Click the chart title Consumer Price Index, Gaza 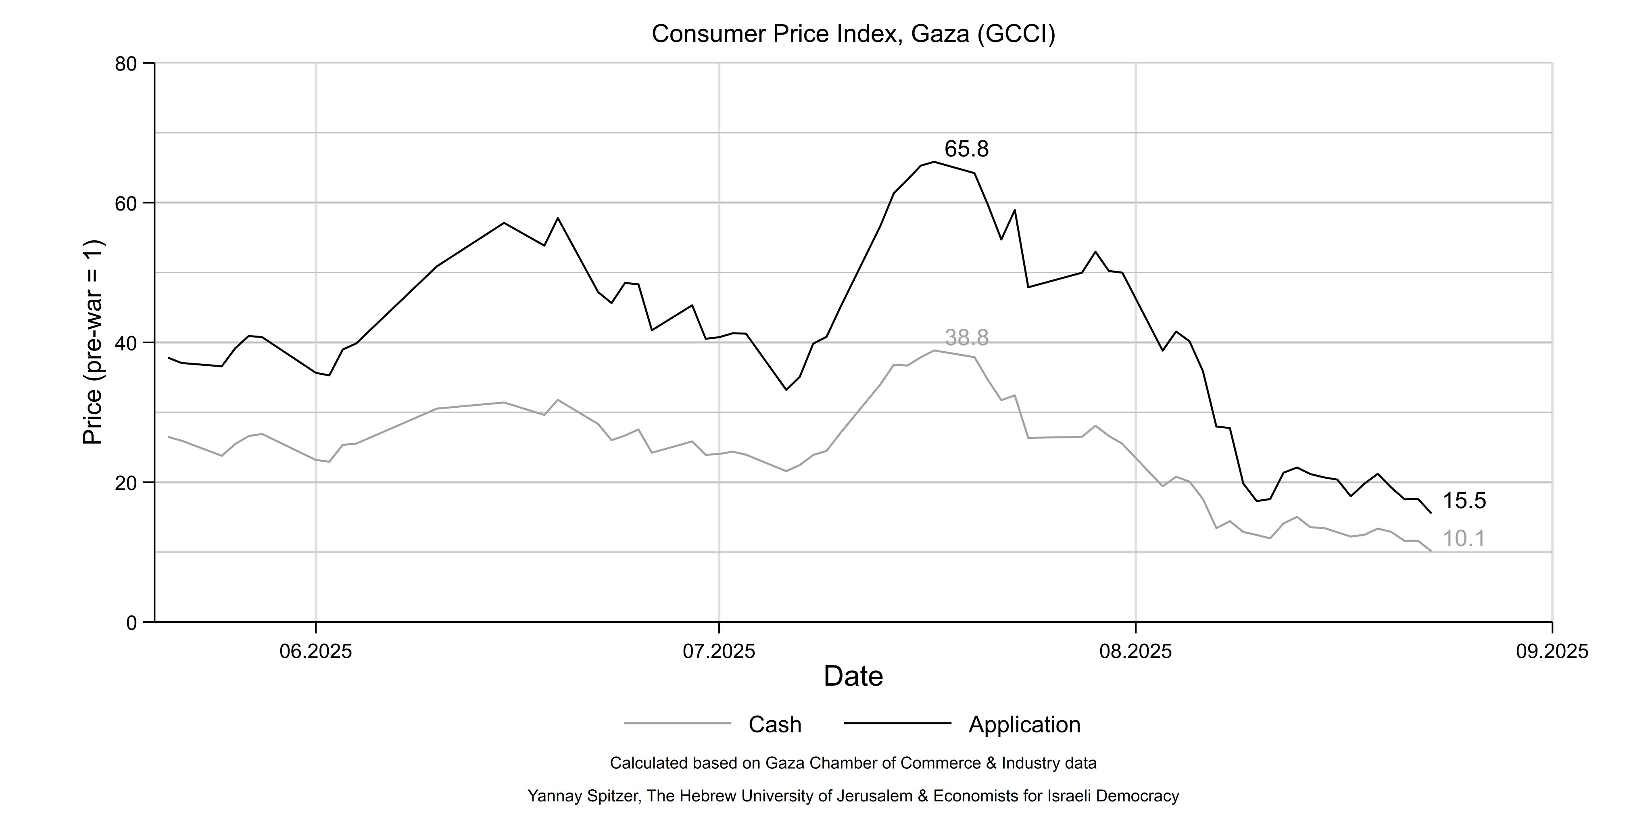(853, 34)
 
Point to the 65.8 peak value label (966, 149)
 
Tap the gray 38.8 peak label (966, 338)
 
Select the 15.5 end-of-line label (1464, 501)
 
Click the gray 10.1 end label (1464, 539)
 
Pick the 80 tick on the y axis (126, 63)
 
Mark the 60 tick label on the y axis (126, 203)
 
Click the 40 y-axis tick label (126, 343)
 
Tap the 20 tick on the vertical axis (126, 483)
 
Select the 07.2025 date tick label (719, 652)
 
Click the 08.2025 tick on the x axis (1136, 652)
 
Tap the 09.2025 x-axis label (1552, 652)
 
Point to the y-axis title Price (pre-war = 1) (93, 342)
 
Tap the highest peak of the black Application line (934, 162)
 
